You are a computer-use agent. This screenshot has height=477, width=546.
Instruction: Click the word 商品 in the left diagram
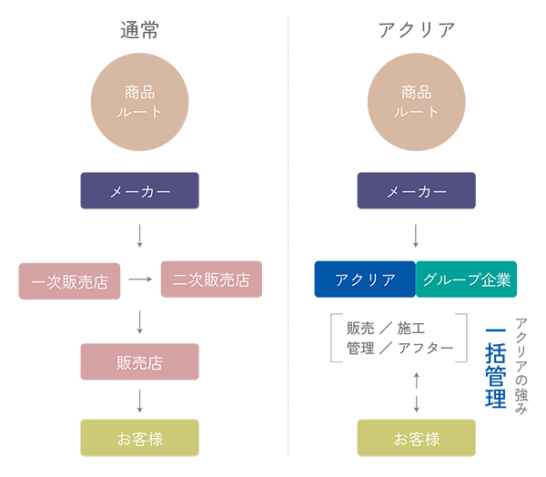(x=140, y=92)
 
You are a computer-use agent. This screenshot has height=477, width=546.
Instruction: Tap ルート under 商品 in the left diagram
(x=140, y=112)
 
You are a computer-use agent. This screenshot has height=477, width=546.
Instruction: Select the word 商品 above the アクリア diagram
(x=416, y=92)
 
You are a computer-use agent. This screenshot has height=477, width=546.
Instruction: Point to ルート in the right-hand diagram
(x=416, y=112)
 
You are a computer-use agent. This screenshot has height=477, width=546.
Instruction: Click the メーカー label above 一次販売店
(x=140, y=193)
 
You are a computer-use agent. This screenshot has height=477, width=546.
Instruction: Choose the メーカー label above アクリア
(x=416, y=193)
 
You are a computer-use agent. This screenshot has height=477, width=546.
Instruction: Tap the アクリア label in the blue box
(x=366, y=279)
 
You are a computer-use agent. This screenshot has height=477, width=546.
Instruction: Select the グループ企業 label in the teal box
(x=466, y=279)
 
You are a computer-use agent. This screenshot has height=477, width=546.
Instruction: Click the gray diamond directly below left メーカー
(x=136, y=232)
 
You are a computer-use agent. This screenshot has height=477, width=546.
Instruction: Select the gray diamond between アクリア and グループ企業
(x=416, y=236)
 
